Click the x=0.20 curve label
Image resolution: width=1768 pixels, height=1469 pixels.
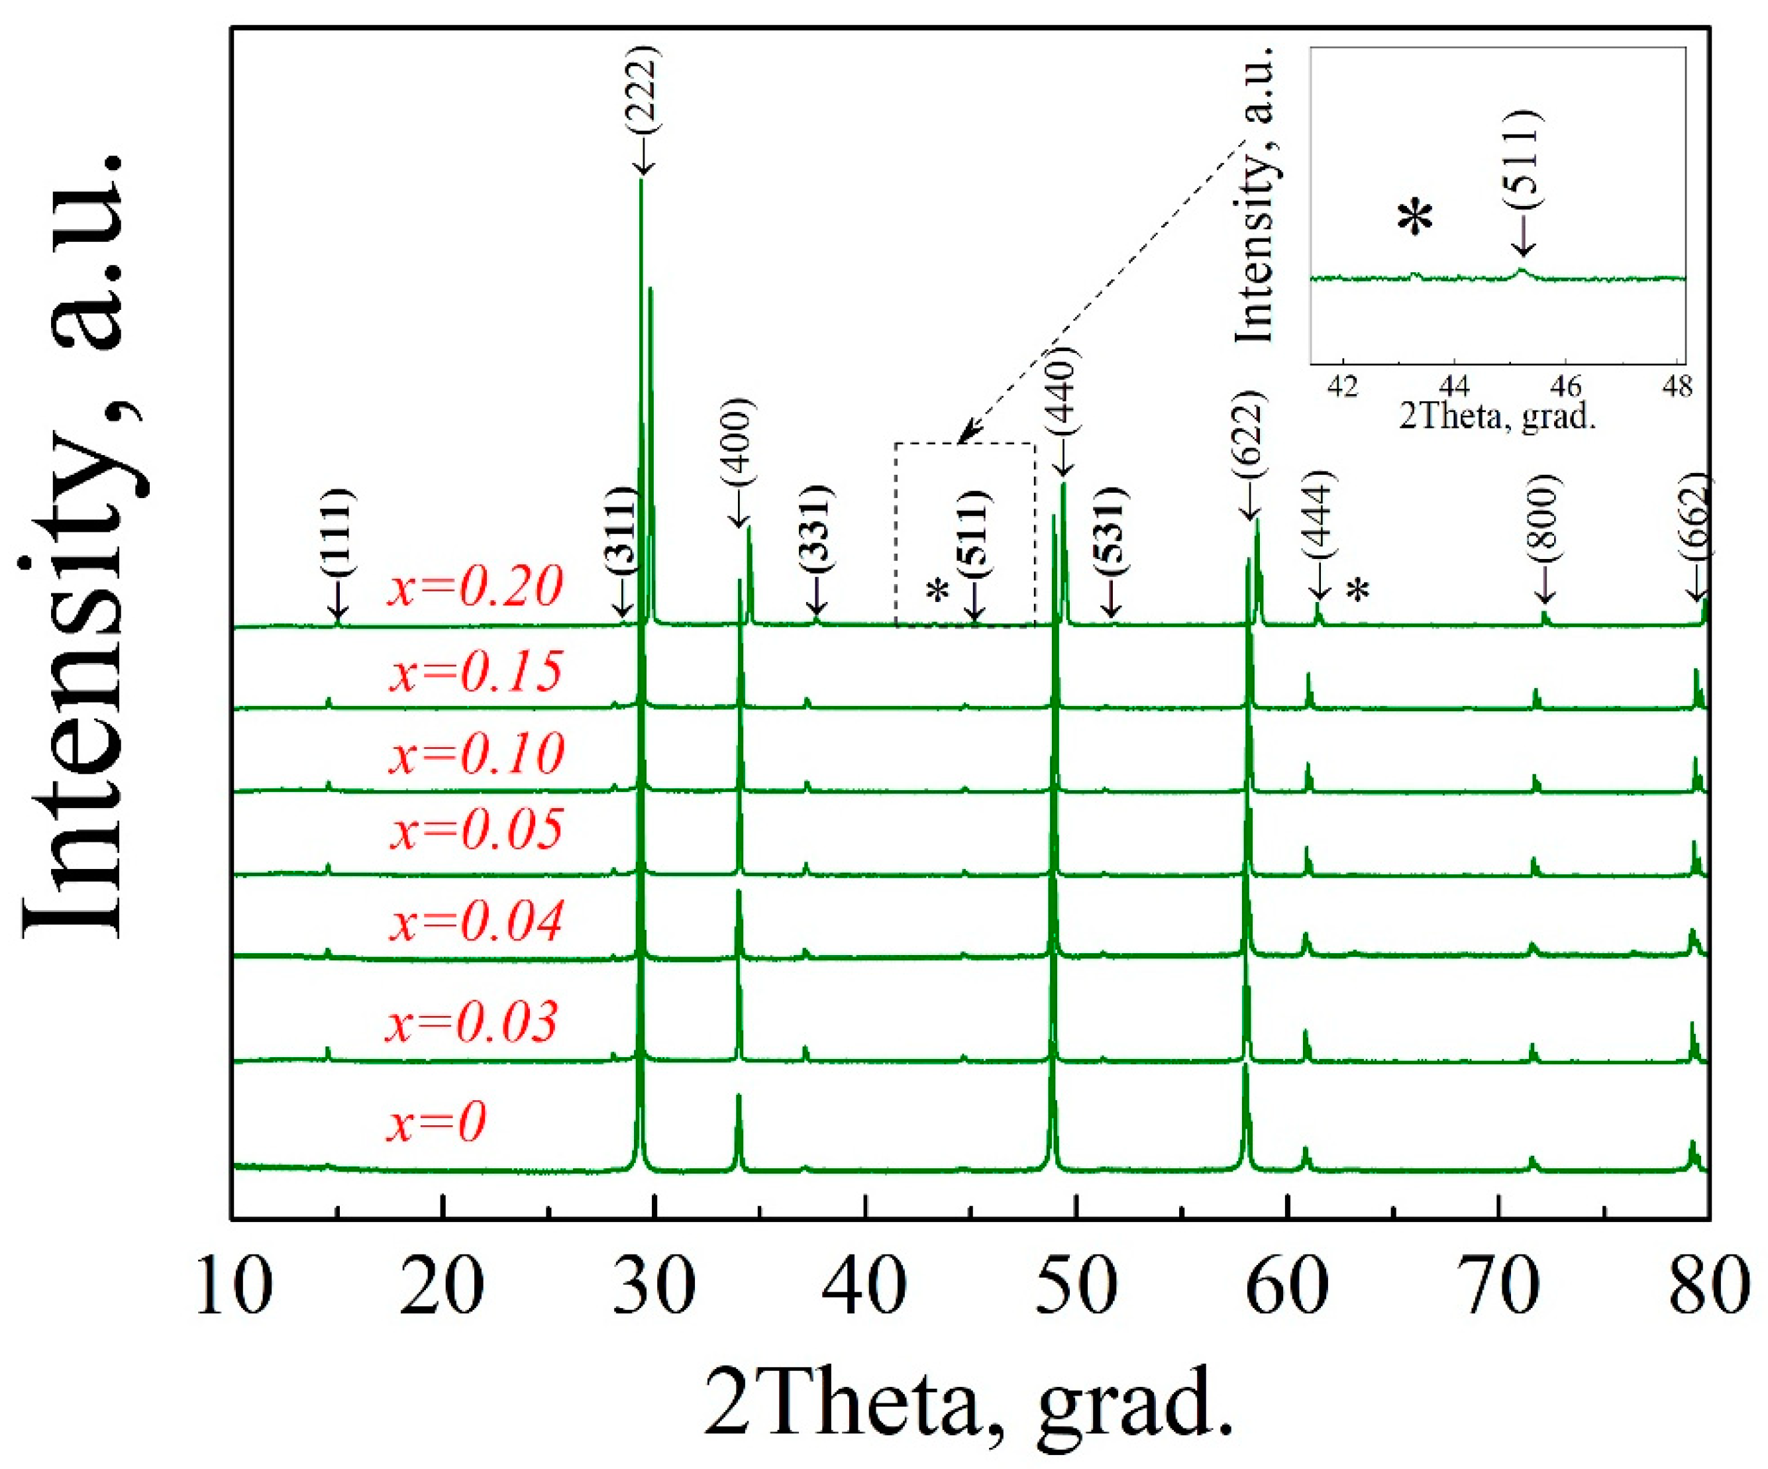pyautogui.click(x=475, y=587)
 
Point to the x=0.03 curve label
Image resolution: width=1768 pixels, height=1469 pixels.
pyautogui.click(x=472, y=1022)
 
